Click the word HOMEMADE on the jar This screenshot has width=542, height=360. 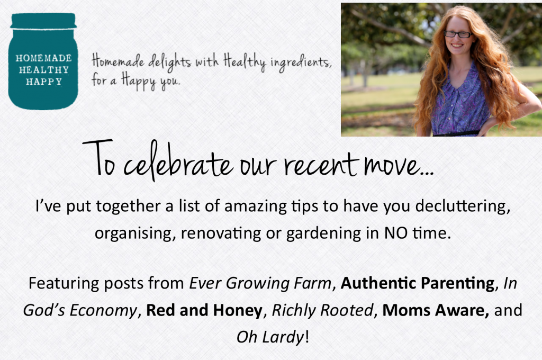[43, 58]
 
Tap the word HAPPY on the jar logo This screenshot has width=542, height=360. [44, 82]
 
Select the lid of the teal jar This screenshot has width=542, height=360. [43, 21]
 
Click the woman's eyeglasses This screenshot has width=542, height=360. [458, 34]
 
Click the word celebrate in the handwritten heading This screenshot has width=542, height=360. [178, 162]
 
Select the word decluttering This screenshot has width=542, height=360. [463, 206]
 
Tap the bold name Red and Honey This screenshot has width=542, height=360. [204, 310]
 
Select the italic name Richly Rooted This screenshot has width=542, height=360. [322, 310]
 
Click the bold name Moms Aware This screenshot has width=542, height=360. [436, 310]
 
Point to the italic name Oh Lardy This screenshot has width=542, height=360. [270, 337]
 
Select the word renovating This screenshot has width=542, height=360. [221, 233]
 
